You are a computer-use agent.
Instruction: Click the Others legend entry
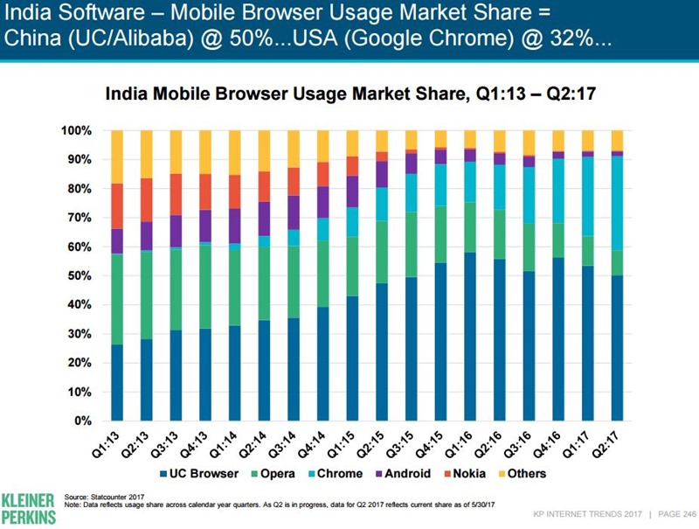pos(526,473)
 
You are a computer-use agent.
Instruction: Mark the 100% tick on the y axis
pos(75,130)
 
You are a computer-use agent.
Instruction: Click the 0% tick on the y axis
pos(82,421)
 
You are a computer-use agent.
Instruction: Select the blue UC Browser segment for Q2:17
pos(617,348)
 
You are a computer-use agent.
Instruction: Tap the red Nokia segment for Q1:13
pos(117,206)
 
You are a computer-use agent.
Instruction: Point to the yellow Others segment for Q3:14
pos(294,149)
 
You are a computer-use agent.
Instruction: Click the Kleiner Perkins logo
pos(28,505)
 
